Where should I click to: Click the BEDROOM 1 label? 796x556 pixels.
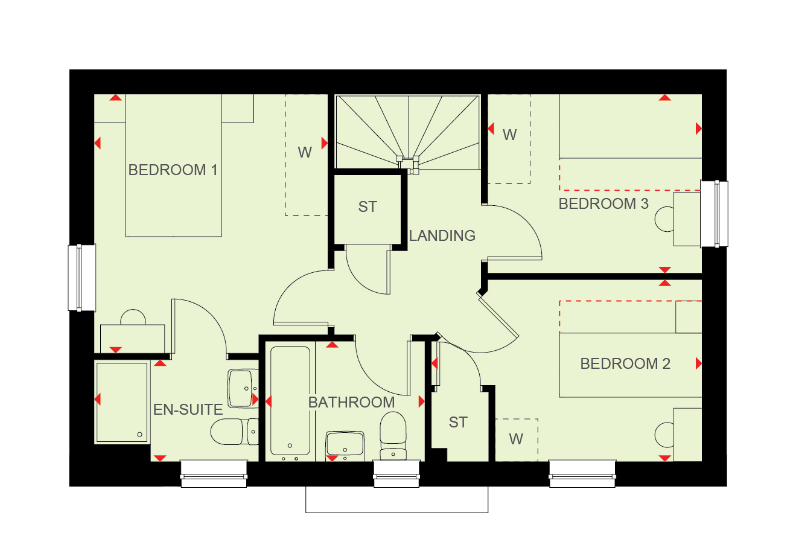[173, 170]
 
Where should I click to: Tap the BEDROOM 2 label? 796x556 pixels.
[625, 363]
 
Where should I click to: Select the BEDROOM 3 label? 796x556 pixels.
[603, 203]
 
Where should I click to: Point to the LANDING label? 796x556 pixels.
[442, 235]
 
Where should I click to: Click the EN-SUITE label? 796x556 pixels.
[188, 409]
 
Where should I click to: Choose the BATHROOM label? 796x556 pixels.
[351, 403]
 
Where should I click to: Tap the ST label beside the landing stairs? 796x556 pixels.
[368, 207]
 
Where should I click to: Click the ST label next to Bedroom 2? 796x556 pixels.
[457, 423]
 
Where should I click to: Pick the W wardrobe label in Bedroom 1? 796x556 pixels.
[305, 153]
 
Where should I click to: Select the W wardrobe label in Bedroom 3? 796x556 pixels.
[509, 135]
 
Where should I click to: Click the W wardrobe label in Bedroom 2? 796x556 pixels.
[516, 439]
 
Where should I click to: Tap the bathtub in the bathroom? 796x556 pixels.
[290, 401]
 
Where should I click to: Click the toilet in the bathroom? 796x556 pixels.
[393, 436]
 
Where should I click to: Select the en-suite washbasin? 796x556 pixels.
[243, 388]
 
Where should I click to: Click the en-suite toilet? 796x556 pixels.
[235, 432]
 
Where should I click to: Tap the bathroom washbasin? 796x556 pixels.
[345, 445]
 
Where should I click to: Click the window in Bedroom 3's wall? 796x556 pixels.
[714, 214]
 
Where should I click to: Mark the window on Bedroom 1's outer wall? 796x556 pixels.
[81, 278]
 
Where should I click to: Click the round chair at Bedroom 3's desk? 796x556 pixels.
[664, 219]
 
